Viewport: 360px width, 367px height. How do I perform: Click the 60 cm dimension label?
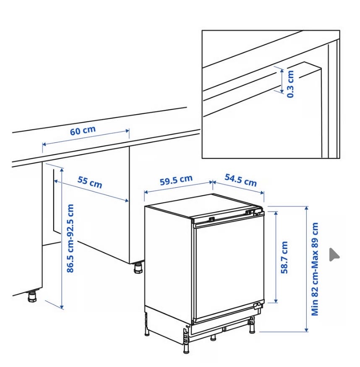83,130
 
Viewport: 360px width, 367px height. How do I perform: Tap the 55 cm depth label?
90,182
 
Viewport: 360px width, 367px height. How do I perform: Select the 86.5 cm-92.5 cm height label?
70,238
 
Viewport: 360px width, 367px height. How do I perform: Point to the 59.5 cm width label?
176,180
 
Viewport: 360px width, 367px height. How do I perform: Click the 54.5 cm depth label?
241,180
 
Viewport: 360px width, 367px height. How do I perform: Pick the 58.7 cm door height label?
284,257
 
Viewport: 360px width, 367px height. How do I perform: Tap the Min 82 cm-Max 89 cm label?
315,269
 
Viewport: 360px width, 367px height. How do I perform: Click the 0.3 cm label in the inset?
290,84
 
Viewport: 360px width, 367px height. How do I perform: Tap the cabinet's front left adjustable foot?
32,296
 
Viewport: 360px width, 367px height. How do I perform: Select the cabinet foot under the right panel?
138,268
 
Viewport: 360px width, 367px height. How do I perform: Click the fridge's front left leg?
186,346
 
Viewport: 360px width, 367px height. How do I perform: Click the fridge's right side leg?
252,325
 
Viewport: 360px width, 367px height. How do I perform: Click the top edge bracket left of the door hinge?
211,219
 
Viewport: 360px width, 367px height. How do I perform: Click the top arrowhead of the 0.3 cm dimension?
282,70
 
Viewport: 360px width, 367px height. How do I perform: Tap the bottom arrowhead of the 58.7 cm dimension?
276,301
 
